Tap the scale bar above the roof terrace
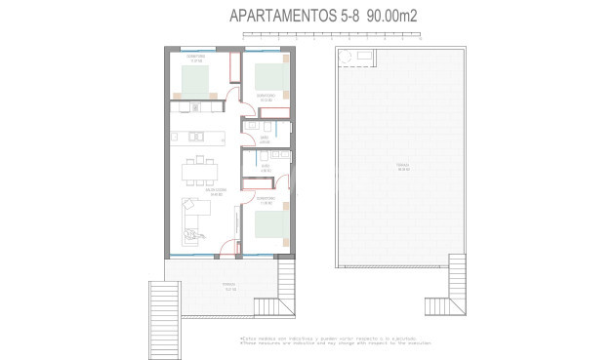332,37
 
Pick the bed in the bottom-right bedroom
271,225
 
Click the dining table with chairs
202,172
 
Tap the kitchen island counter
199,136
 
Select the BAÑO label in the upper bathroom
265,140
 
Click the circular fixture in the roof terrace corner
344,60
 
